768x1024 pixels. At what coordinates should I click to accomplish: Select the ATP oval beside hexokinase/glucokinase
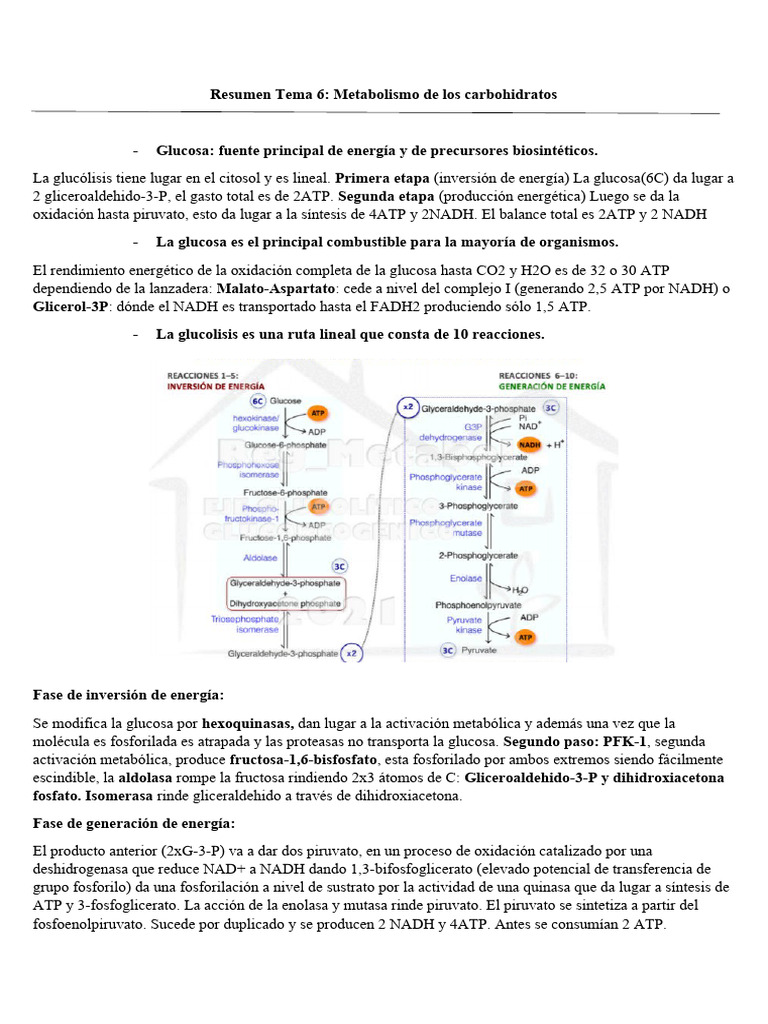318,412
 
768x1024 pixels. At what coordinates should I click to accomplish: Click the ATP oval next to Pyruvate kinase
525,636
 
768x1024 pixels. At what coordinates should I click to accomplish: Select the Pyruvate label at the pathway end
479,650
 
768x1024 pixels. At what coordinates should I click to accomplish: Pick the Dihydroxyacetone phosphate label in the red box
285,603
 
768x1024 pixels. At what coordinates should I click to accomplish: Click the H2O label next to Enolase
522,590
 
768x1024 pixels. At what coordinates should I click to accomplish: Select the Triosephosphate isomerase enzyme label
244,625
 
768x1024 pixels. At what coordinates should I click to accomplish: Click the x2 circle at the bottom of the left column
349,654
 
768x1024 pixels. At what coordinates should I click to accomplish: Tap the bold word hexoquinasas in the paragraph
247,722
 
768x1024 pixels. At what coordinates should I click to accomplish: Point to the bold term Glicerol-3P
70,307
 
